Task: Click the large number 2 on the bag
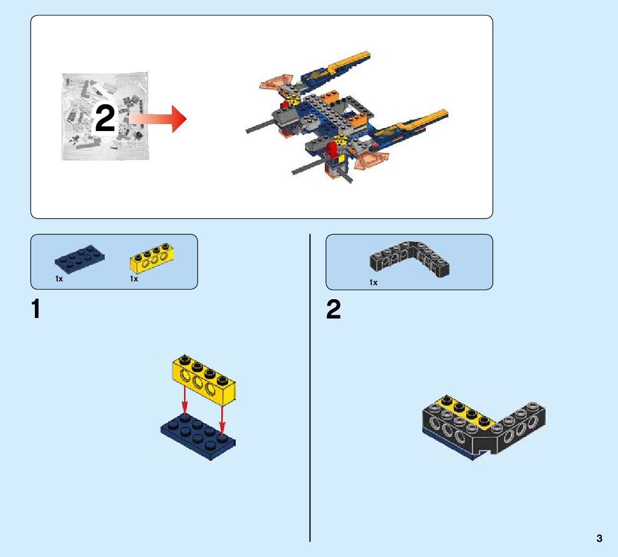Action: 105,119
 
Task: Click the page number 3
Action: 599,538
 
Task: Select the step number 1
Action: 36,310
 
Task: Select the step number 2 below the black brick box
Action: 333,310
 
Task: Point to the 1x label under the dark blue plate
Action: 59,279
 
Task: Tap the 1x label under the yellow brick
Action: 134,279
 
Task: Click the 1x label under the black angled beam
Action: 373,283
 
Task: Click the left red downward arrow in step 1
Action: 184,401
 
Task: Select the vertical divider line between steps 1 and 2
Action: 310,387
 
